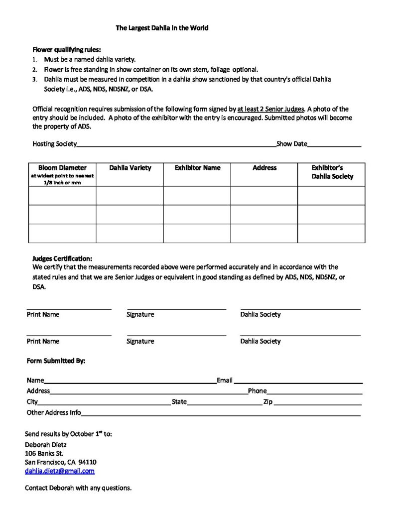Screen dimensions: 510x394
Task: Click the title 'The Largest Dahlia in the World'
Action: click(x=162, y=28)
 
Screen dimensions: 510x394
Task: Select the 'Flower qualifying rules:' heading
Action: click(x=66, y=49)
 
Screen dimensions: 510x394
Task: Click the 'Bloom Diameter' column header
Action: click(x=62, y=168)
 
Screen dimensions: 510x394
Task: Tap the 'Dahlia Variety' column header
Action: click(x=130, y=168)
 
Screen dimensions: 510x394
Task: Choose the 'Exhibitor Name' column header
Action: click(x=197, y=168)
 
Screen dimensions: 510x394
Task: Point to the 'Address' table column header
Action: click(x=264, y=168)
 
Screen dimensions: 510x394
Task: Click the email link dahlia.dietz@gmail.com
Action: click(x=60, y=471)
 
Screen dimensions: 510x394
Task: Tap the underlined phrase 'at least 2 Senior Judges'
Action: click(x=270, y=109)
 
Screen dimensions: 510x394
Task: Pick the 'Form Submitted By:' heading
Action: click(x=56, y=361)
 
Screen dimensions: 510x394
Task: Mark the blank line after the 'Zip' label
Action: click(x=317, y=403)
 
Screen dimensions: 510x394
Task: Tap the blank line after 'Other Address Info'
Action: click(x=221, y=413)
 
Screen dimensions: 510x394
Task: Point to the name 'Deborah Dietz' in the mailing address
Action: click(x=46, y=444)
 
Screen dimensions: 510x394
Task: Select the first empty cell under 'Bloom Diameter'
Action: click(x=62, y=195)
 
